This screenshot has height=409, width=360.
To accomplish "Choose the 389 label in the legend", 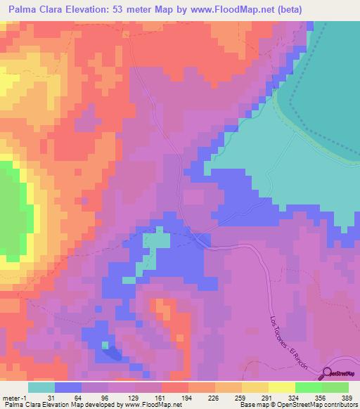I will (x=347, y=398).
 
